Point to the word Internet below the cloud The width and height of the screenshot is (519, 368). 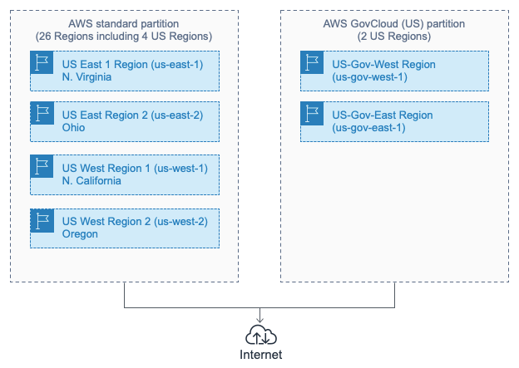tap(260, 355)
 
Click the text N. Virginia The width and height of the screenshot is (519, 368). tap(87, 76)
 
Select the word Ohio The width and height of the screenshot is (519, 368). tap(73, 128)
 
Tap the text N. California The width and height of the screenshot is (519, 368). tap(91, 180)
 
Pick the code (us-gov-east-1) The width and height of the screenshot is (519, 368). tap(368, 128)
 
